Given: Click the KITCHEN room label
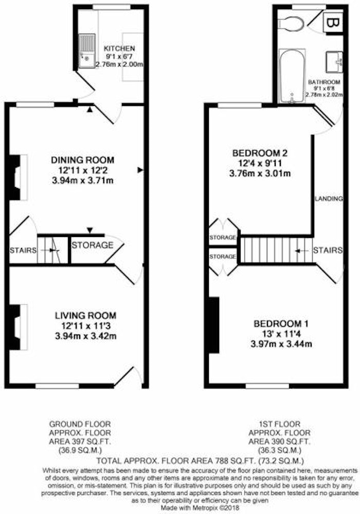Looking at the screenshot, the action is [x=120, y=48].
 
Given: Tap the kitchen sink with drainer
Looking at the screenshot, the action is [x=87, y=50].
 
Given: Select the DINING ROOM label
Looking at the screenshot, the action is [x=83, y=160].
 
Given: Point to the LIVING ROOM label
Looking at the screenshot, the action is [x=85, y=316].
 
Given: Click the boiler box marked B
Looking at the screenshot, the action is [x=333, y=23].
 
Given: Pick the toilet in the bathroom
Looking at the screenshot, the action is [x=291, y=24].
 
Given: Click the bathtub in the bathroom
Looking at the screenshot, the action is [x=292, y=76].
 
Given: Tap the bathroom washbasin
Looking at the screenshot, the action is [x=334, y=62].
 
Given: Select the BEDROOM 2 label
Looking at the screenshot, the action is [x=260, y=153].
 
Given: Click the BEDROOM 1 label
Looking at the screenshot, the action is [x=281, y=324].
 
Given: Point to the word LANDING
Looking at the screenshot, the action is [x=329, y=198].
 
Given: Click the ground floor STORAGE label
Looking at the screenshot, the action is [x=93, y=245].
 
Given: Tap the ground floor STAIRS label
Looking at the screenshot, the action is [x=23, y=250].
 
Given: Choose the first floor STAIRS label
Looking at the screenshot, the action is [x=328, y=250].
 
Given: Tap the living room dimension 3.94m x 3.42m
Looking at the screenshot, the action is [x=85, y=336].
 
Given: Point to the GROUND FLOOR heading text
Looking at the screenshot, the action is [x=80, y=424].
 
